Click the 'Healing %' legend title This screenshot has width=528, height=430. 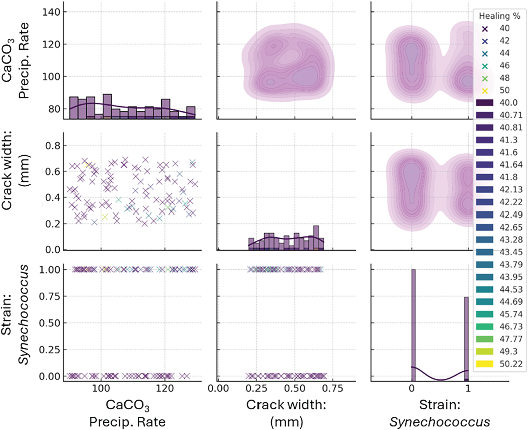(499, 16)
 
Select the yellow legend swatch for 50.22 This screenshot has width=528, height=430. (485, 364)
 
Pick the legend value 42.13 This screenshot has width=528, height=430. (511, 189)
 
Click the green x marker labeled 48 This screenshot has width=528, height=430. (485, 78)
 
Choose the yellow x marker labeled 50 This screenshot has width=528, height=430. (485, 91)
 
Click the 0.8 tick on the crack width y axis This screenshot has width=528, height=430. (52, 146)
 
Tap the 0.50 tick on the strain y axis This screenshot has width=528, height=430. (49, 323)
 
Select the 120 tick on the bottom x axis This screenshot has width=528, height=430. (165, 389)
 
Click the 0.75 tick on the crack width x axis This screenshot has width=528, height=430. (333, 389)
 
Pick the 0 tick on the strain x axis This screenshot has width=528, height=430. (412, 389)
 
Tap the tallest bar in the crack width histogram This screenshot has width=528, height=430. (316, 238)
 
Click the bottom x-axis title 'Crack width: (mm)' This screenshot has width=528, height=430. (286, 413)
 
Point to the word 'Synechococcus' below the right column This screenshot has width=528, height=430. (440, 422)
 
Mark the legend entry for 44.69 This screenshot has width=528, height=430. (511, 301)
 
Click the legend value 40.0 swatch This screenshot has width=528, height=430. (485, 103)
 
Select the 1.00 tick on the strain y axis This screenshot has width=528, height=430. (49, 270)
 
